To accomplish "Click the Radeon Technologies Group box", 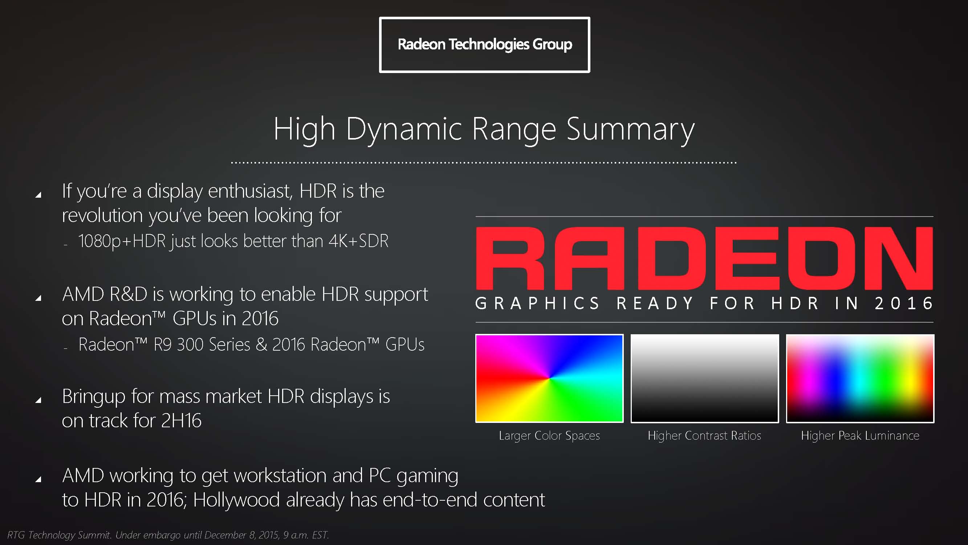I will [484, 44].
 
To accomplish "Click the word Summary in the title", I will [630, 129].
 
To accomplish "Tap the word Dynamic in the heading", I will [404, 129].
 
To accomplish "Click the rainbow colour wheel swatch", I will [549, 378].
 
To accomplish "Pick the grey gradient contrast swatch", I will [705, 378].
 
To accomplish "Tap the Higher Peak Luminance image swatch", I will [860, 378].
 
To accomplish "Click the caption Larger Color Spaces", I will [549, 436].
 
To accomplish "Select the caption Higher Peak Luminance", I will [860, 436].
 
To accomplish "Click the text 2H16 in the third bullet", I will [181, 420].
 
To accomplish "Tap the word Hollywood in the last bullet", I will [236, 500].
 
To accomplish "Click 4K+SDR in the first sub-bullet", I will [358, 241].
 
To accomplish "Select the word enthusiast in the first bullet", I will [250, 191].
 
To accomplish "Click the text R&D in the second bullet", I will [128, 294].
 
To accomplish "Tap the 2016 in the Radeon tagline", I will [903, 303].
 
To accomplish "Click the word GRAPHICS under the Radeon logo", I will [537, 303].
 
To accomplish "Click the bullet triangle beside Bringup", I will [38, 400].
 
